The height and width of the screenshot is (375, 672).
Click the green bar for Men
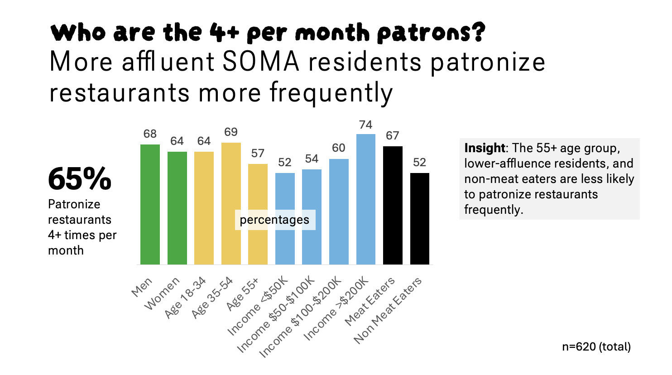tap(150, 204)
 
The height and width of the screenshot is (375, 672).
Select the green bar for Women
tap(177, 208)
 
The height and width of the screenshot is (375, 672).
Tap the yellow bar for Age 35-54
tap(231, 203)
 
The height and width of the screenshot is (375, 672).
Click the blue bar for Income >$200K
tap(365, 199)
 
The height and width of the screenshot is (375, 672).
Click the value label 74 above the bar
tap(365, 125)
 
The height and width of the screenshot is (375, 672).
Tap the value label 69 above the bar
tap(231, 132)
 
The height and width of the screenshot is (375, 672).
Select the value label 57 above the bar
tap(258, 154)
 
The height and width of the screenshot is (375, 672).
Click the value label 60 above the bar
tap(339, 148)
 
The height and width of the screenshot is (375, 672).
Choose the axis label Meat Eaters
tap(370, 301)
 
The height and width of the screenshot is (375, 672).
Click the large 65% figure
tap(80, 179)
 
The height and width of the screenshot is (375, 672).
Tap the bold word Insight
tap(485, 148)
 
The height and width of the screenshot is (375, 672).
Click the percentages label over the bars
tap(274, 220)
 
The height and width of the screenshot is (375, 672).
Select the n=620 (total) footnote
tap(596, 347)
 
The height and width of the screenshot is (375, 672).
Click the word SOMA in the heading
tap(261, 62)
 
